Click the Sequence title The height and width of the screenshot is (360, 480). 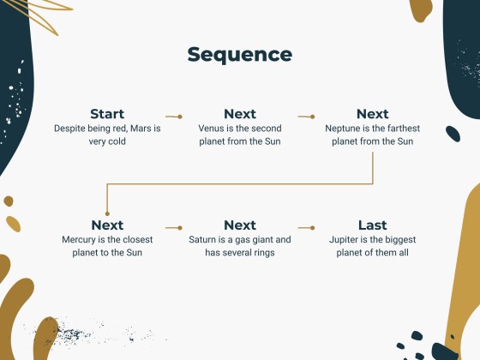(x=240, y=55)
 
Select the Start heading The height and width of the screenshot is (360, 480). (x=107, y=114)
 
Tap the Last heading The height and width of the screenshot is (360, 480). (x=372, y=225)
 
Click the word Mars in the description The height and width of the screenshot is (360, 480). (x=141, y=129)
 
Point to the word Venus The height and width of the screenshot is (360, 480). (x=213, y=129)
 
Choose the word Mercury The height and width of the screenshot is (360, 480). (x=80, y=240)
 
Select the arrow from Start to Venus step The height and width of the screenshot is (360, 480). (x=173, y=116)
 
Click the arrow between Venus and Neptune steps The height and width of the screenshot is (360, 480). (x=306, y=116)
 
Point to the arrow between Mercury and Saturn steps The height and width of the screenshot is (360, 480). (x=173, y=228)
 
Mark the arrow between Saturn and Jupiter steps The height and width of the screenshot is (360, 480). (x=306, y=228)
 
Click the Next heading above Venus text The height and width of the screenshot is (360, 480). (x=240, y=114)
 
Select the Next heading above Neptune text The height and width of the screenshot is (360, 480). (x=372, y=114)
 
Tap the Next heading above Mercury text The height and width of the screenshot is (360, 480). (x=107, y=225)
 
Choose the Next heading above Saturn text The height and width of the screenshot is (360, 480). (x=240, y=225)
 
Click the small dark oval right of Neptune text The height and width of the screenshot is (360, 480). (x=453, y=133)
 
